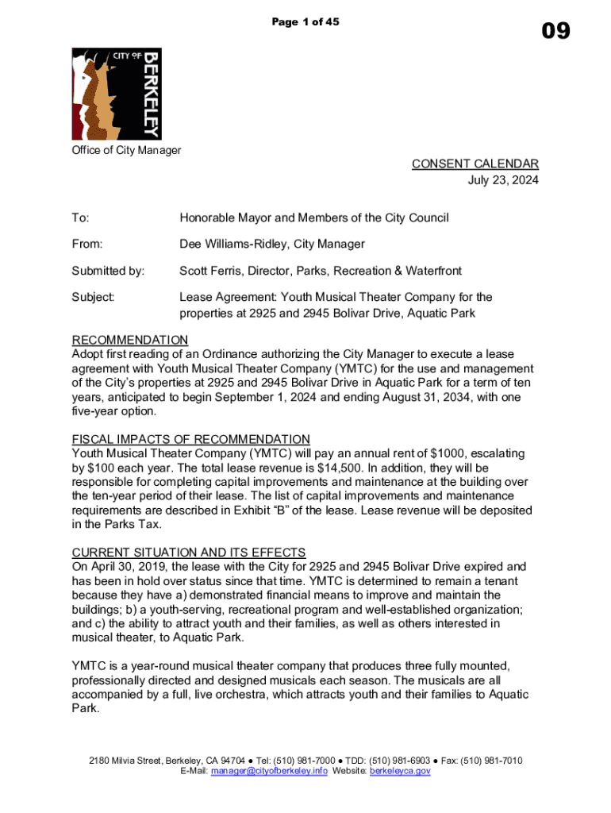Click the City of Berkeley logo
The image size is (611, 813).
pos(117,94)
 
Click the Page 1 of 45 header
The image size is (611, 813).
pos(305,22)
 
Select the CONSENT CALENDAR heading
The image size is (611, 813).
pos(475,164)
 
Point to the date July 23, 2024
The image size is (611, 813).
pos(503,180)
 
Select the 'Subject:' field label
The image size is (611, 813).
pos(94,297)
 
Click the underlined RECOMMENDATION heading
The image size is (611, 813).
pos(130,340)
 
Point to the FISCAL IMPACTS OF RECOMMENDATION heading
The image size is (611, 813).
pos(190,439)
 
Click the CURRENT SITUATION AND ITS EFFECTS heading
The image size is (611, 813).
pos(189,553)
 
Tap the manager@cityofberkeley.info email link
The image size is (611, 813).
pos(269,771)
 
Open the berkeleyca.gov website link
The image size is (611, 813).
pos(400,771)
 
